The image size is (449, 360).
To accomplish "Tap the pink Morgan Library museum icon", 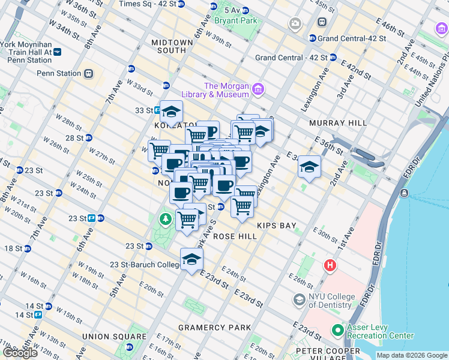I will click(x=258, y=89).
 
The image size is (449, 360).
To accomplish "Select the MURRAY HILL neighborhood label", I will click(x=337, y=123).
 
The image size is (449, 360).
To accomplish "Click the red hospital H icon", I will click(x=329, y=265).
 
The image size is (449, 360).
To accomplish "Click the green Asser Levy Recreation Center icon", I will click(x=337, y=331).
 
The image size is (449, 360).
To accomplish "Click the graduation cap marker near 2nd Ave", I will click(x=309, y=167).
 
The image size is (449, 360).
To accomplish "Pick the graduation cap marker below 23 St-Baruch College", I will click(x=191, y=259).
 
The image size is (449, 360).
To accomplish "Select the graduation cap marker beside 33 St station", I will click(x=171, y=112).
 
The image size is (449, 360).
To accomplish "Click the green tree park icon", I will click(x=166, y=220).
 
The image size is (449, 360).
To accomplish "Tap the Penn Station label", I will click(x=59, y=73).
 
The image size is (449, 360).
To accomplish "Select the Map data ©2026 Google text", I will click(x=411, y=355).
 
